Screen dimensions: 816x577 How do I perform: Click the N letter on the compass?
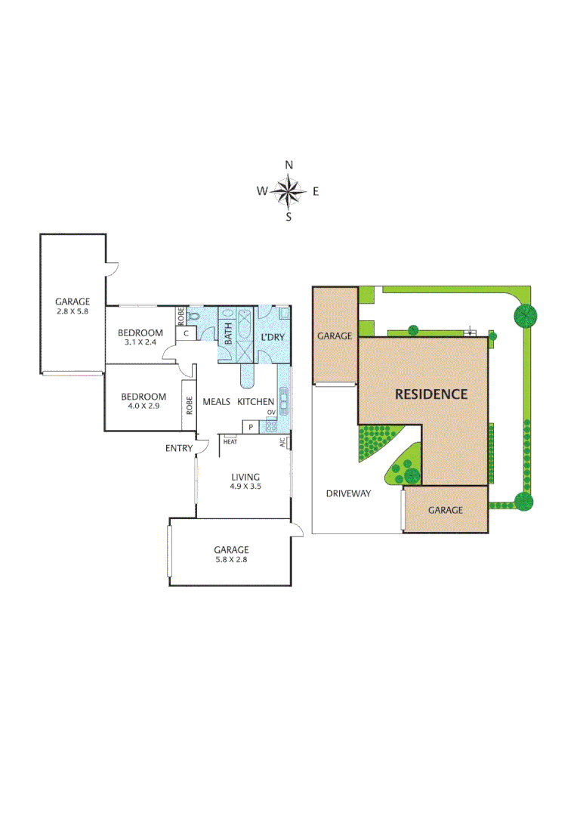pos(288,165)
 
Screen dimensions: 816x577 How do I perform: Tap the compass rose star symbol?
pos(288,191)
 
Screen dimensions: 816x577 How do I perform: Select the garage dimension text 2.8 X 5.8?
pos(73,311)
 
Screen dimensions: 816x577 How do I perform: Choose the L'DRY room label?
pos(272,336)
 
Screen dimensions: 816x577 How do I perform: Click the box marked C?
pos(186,332)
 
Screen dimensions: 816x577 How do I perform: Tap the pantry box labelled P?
pos(249,427)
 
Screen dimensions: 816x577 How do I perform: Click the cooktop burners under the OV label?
pos(271,425)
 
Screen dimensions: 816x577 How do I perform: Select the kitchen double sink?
pos(284,397)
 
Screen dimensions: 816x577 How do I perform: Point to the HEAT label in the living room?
pos(230,441)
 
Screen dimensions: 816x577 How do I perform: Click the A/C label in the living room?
pos(282,443)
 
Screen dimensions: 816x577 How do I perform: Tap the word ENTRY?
pos(179,449)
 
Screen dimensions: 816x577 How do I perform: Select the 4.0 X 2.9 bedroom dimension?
pos(143,406)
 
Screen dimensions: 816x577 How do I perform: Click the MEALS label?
pos(215,402)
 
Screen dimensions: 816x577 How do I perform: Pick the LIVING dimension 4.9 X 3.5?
pos(245,487)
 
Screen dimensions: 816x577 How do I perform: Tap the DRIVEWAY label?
pos(348,493)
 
